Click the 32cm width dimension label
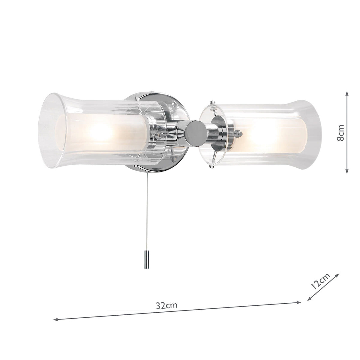167,306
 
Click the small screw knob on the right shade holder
239,132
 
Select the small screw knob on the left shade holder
162,136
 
